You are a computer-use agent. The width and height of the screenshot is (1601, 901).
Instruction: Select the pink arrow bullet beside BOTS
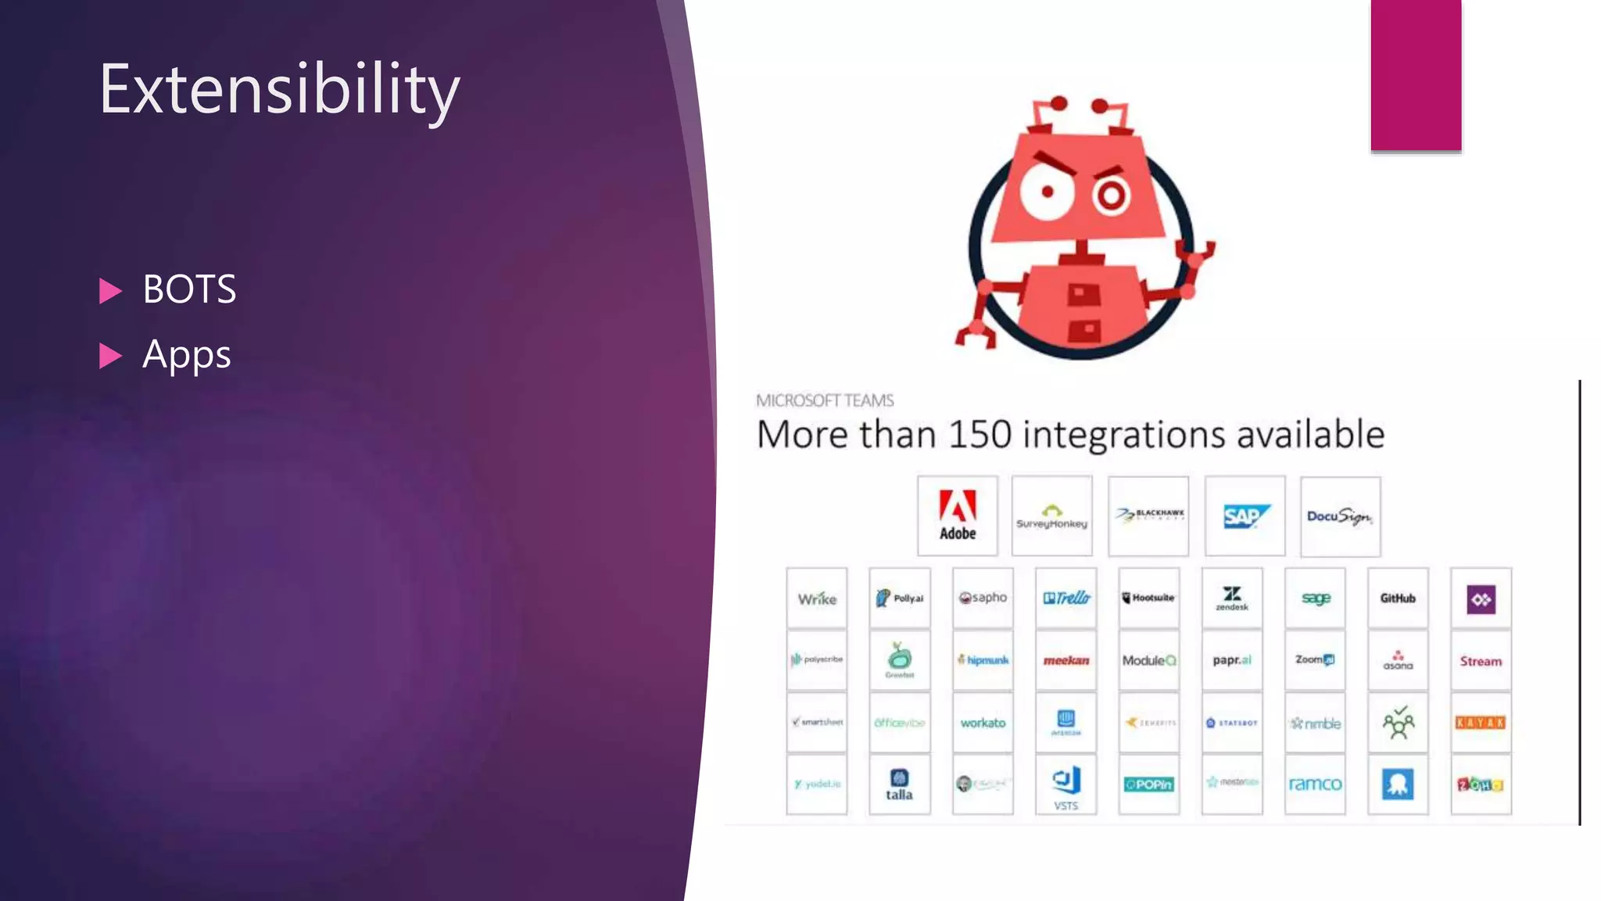111,291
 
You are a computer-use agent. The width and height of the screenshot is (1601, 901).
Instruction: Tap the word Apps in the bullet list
186,355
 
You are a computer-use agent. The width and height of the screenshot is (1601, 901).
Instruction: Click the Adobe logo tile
957,515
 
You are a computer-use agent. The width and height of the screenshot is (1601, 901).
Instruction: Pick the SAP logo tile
1245,515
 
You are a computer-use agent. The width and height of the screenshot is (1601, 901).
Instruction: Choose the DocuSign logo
1340,516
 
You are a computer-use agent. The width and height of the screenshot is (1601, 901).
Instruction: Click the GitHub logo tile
1398,598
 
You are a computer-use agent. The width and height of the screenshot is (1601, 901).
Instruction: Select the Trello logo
1066,598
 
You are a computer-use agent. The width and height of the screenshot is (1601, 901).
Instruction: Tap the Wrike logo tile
817,599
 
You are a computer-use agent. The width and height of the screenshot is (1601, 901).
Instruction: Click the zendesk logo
1232,598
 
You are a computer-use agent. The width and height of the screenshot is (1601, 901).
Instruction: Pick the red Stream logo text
1481,661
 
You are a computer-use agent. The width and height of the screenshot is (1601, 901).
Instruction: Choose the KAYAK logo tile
1481,723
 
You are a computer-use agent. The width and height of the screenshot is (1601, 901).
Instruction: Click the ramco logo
1315,784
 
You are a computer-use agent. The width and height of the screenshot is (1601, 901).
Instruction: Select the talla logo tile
899,784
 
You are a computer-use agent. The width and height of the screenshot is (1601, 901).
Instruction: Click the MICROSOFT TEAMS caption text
825,400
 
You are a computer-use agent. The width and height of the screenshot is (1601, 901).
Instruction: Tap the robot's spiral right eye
1111,196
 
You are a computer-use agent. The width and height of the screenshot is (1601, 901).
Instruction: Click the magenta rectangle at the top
1416,74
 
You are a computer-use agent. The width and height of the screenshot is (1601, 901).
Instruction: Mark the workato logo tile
983,723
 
